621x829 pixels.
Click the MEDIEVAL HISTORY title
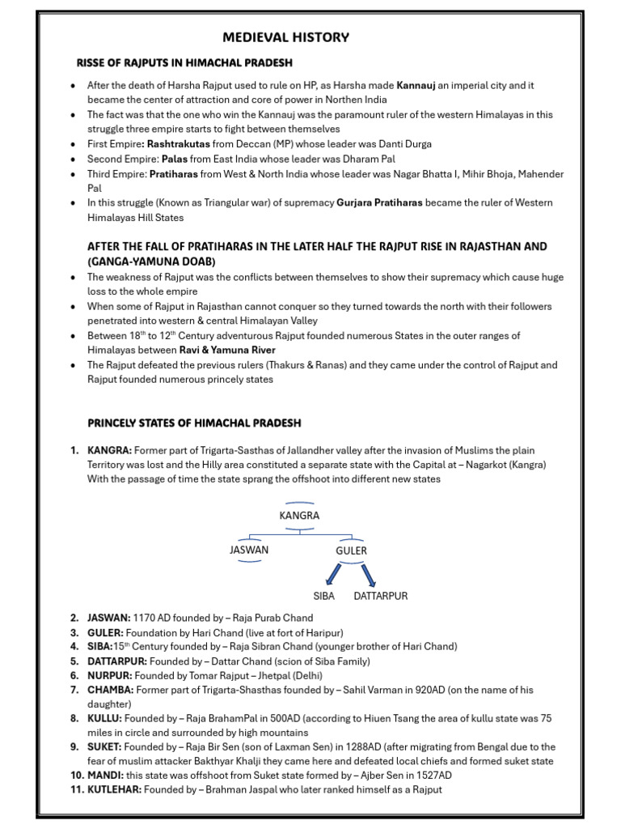285,37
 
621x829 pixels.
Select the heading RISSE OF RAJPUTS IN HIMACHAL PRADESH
184,62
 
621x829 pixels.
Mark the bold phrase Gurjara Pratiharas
379,203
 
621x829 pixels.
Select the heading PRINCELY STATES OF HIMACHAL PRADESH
194,423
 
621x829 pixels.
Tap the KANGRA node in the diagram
299,515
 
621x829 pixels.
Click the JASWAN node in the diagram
249,550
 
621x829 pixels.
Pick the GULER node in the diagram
351,551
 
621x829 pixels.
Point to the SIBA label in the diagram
323,596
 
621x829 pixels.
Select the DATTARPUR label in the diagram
381,596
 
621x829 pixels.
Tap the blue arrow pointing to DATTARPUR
369,574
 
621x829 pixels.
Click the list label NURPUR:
109,675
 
